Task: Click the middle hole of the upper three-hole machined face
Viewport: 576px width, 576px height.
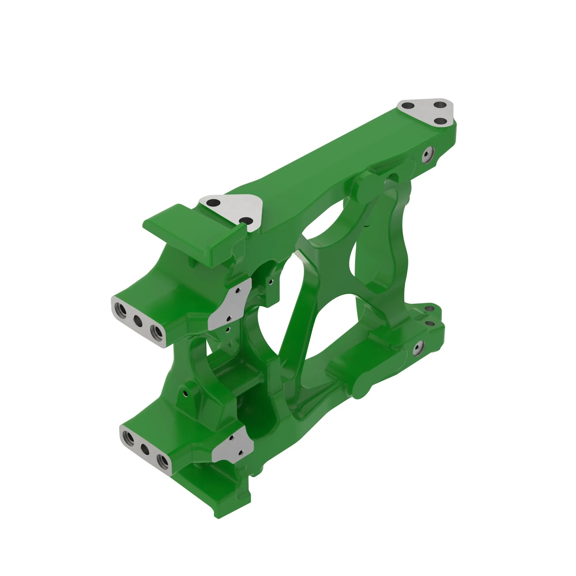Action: [x=137, y=321]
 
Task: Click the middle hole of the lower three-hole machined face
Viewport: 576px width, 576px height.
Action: [x=145, y=449]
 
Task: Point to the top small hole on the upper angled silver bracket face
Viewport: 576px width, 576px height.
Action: [x=238, y=291]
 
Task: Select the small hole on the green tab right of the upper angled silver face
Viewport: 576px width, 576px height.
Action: [x=270, y=281]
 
